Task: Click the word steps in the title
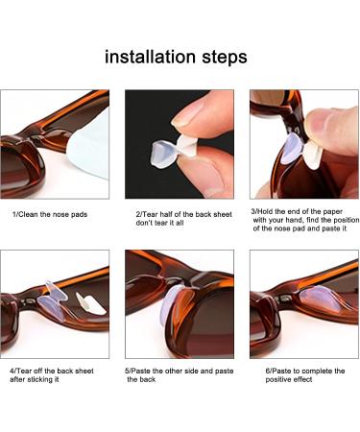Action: pyautogui.click(x=223, y=58)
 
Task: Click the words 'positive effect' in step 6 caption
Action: pyautogui.click(x=288, y=380)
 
